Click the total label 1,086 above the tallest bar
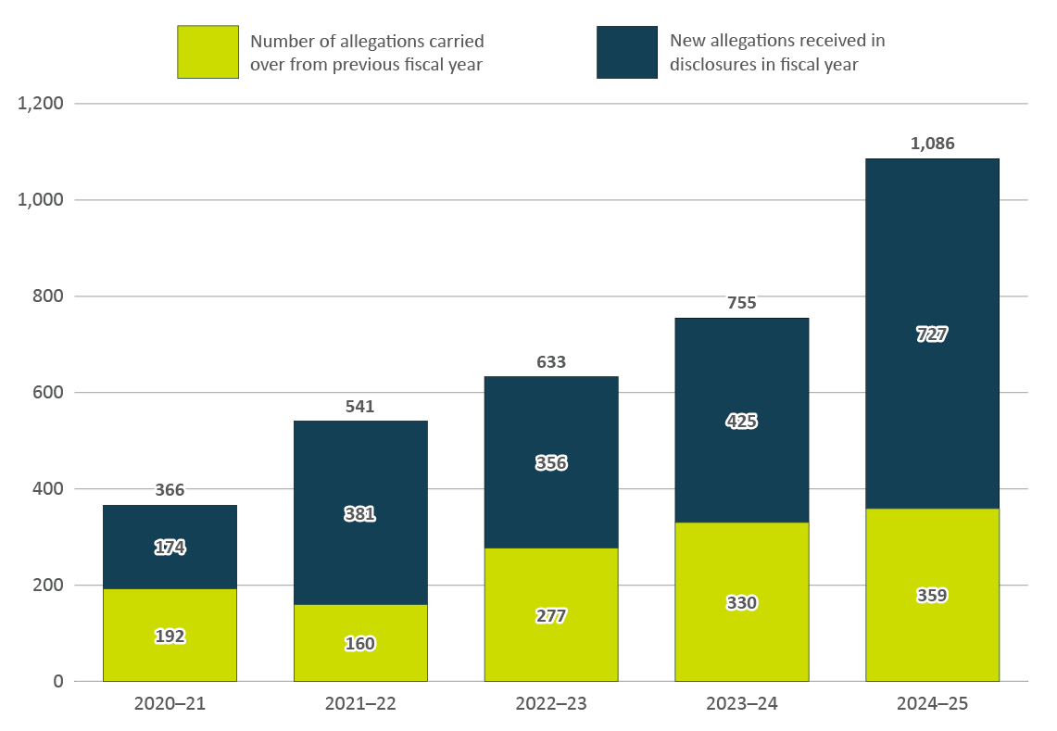tap(932, 144)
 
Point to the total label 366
tap(170, 490)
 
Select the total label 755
tap(742, 303)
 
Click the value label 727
tap(932, 334)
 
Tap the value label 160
tap(360, 643)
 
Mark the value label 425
tap(742, 422)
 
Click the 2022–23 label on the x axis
tap(551, 704)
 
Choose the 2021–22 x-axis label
tap(360, 704)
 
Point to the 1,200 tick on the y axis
tap(41, 104)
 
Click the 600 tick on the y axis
tap(46, 393)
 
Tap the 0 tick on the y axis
tap(58, 682)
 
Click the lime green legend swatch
tap(208, 52)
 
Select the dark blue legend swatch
tap(627, 52)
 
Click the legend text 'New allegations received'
tap(776, 41)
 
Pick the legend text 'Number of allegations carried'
tap(367, 42)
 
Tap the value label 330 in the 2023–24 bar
tap(742, 603)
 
